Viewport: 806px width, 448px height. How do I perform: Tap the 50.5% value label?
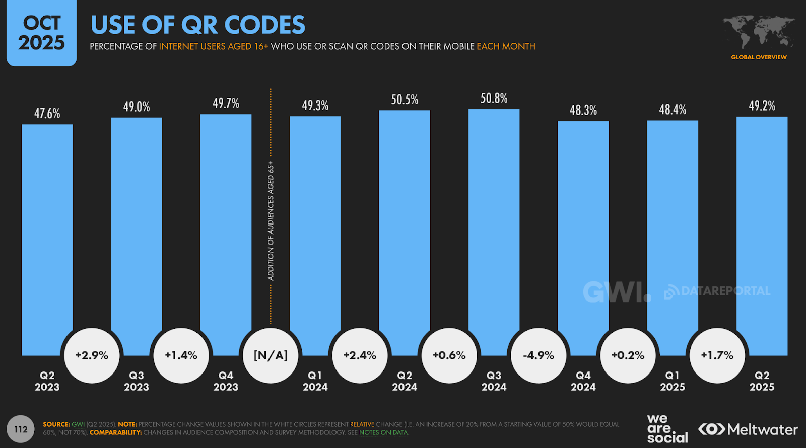pos(405,99)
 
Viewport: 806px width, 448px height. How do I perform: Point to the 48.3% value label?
pos(583,110)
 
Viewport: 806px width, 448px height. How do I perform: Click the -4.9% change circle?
pos(539,355)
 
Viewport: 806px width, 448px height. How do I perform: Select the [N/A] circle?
pos(271,355)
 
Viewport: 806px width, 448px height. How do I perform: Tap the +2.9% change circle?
pos(92,355)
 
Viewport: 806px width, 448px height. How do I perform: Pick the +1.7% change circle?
pos(717,355)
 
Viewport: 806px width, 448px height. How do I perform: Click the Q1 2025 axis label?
pos(673,381)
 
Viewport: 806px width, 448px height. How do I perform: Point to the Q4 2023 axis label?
pos(226,381)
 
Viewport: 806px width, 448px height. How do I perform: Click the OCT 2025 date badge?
pos(42,33)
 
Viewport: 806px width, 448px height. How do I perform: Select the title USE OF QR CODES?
pos(197,25)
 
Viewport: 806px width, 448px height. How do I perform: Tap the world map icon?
pos(759,32)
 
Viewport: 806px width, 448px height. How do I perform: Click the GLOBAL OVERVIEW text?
pos(759,57)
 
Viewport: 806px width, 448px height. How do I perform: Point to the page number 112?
pos(21,429)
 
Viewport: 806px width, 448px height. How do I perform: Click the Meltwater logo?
pos(748,429)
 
